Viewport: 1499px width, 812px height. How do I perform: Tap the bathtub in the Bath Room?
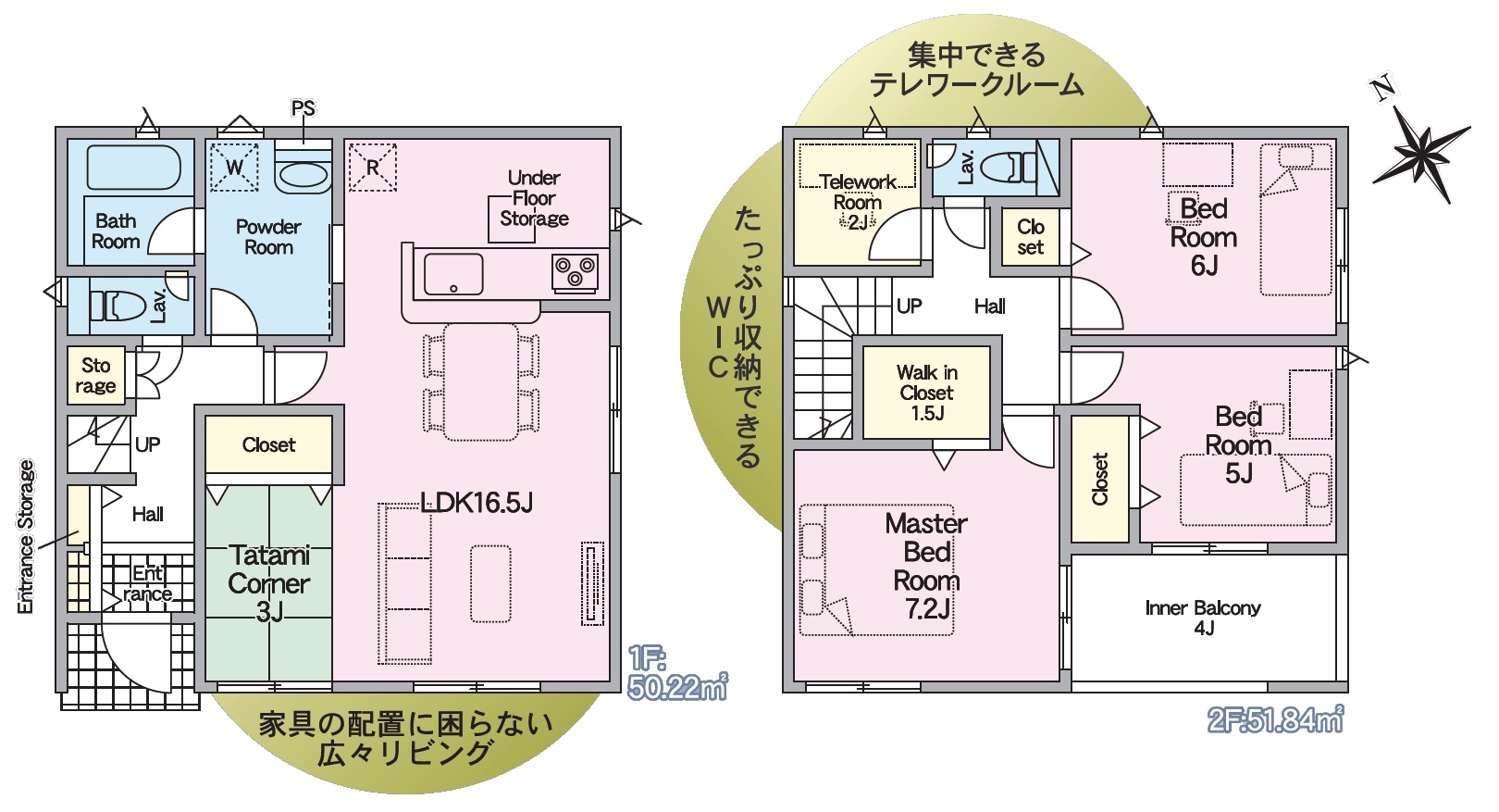point(134,167)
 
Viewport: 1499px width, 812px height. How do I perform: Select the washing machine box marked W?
point(234,167)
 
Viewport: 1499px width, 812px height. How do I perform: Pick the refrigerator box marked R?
point(373,168)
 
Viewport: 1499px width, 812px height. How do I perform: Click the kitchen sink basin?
point(453,274)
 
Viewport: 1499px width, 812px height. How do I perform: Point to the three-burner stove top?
point(575,272)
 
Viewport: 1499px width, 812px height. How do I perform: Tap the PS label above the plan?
point(304,107)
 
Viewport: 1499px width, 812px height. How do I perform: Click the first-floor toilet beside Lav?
point(118,306)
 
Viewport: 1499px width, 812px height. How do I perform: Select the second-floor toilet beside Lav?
point(1009,167)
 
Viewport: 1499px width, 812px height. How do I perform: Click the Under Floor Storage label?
point(534,198)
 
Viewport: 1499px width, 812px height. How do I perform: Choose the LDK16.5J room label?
point(477,502)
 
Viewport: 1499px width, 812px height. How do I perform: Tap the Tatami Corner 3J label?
point(269,583)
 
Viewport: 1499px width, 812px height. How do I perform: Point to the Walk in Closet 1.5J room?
point(927,393)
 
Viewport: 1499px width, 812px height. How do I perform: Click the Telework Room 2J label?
point(858,202)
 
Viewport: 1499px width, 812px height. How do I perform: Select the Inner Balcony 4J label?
point(1203,618)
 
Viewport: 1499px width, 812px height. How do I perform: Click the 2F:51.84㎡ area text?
point(1275,719)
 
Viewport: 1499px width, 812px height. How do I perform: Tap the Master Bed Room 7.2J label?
point(927,567)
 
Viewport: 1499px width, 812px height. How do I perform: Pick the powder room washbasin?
point(304,175)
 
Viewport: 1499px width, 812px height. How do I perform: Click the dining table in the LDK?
point(481,382)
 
